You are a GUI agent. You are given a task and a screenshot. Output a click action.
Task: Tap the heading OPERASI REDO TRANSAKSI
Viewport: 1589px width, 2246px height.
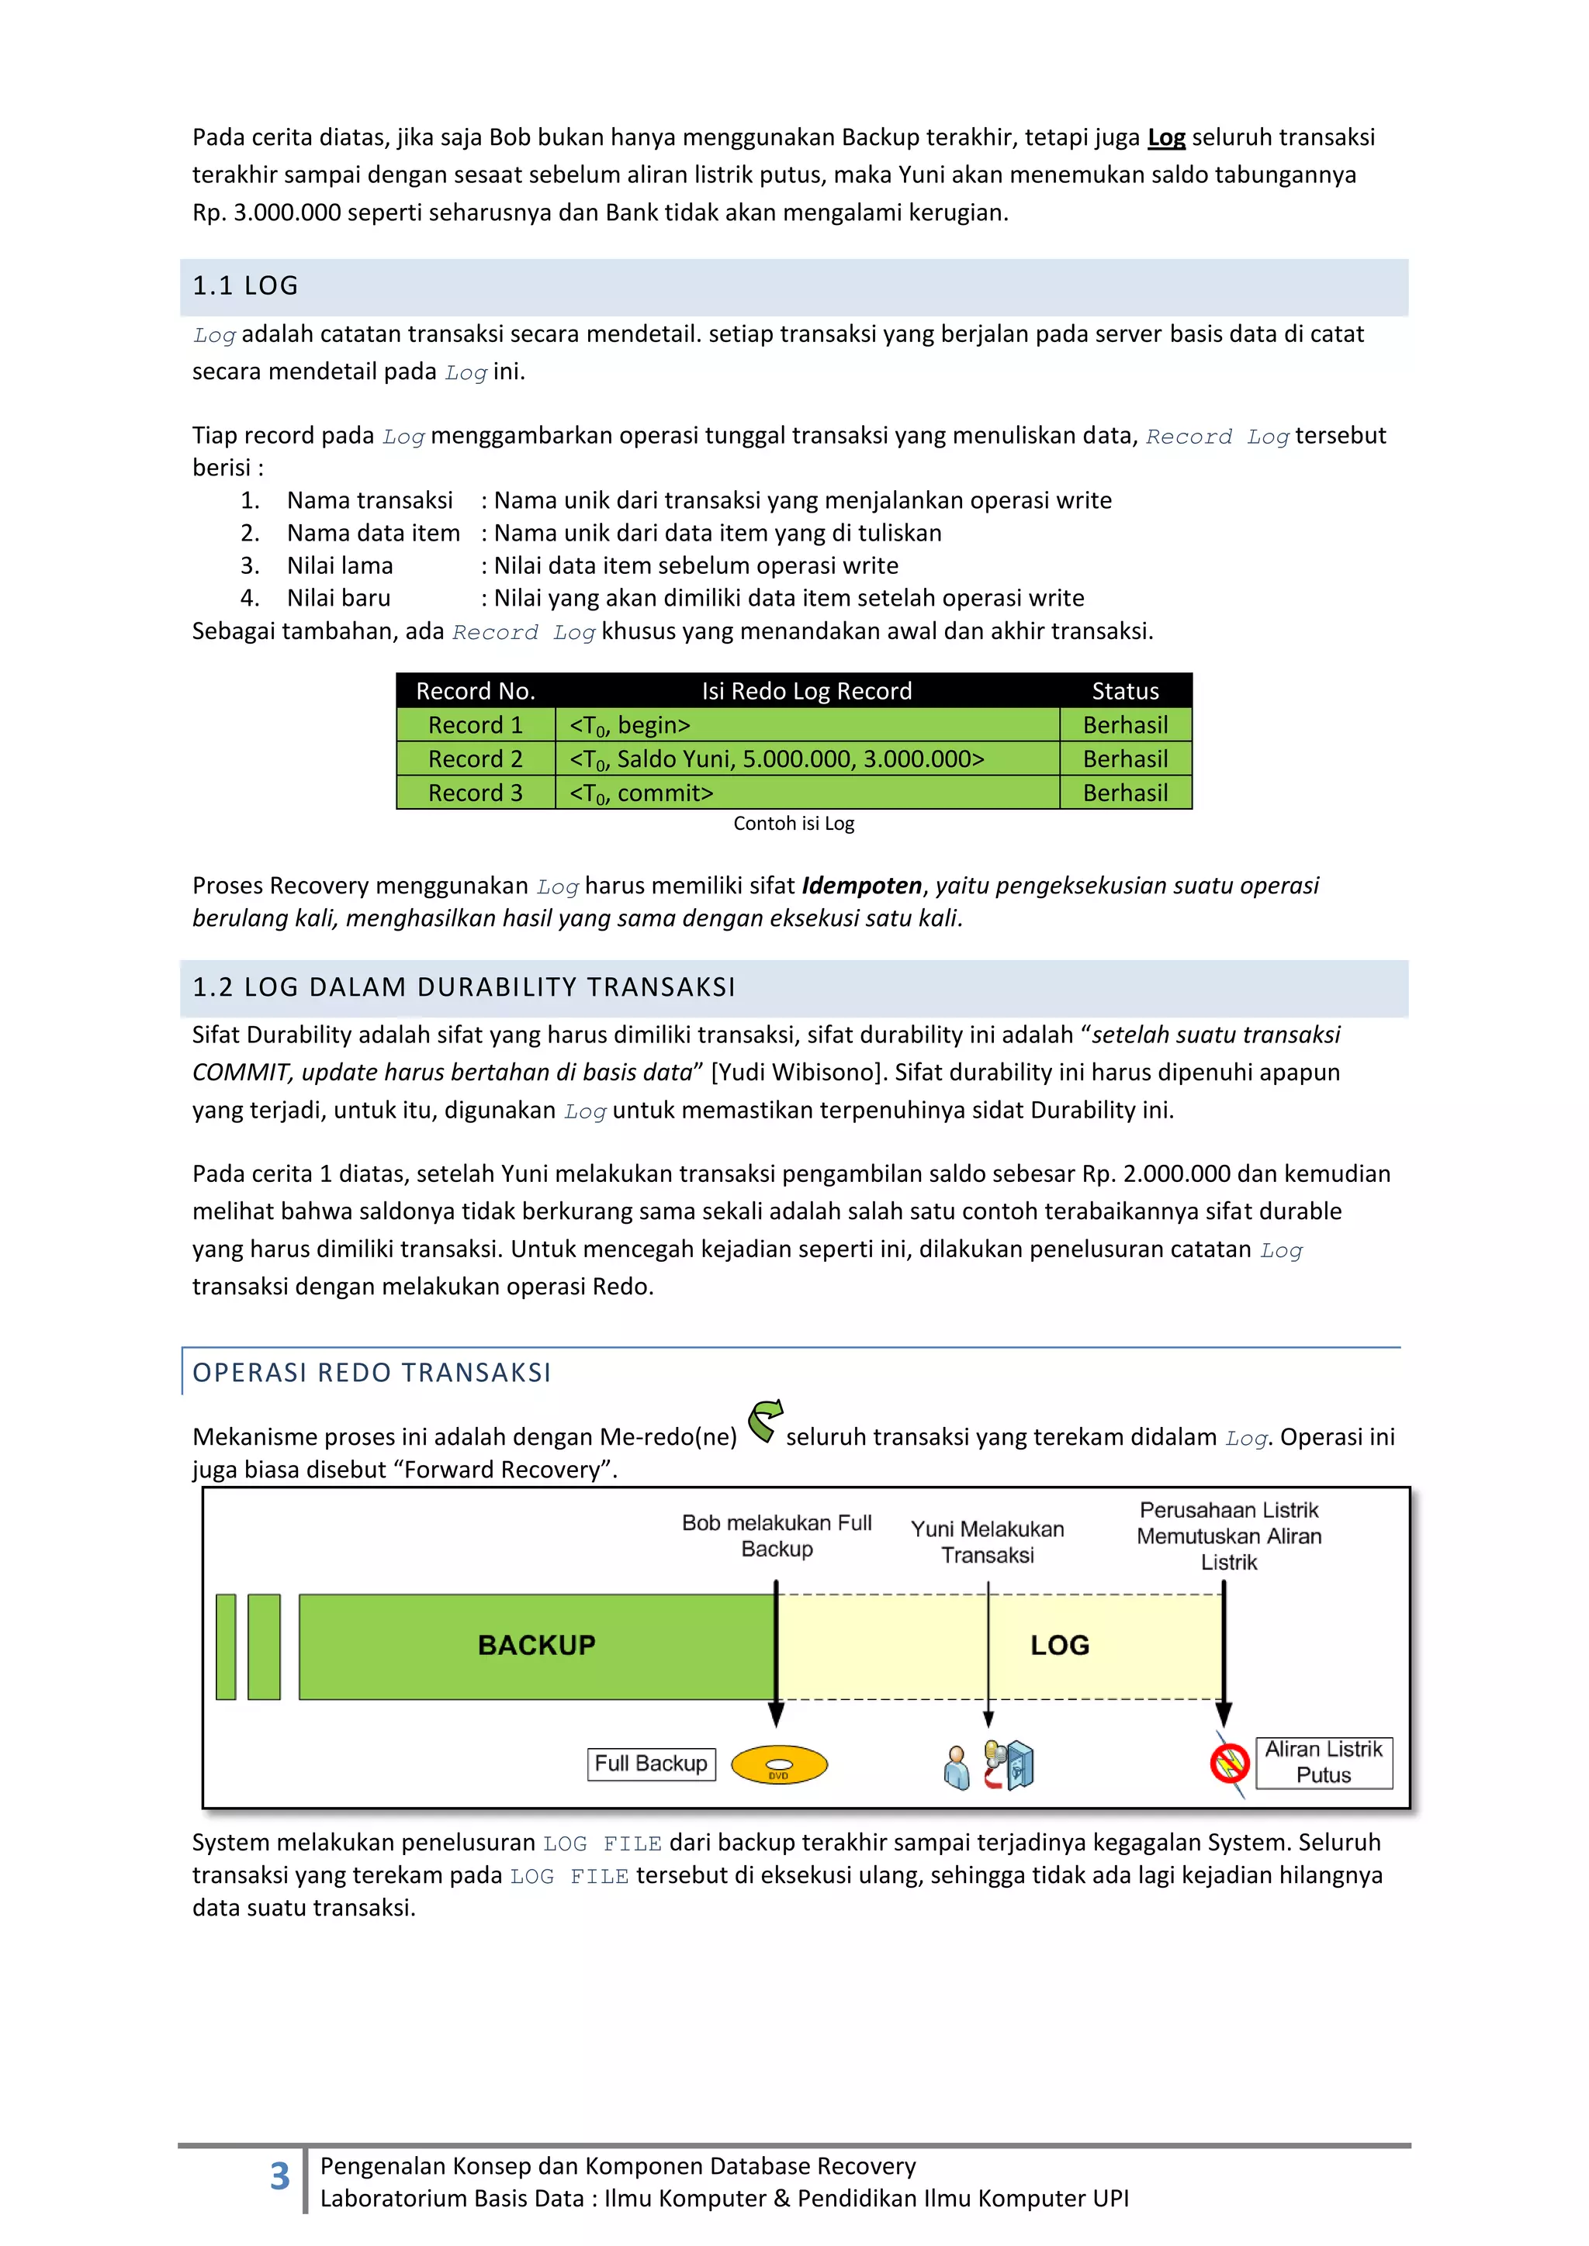click(372, 1373)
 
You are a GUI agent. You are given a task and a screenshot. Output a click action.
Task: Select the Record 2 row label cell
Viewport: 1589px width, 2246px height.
click(476, 759)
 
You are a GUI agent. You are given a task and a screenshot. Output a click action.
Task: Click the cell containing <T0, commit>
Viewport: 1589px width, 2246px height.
click(641, 793)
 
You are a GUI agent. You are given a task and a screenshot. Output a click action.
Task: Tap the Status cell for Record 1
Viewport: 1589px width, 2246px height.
click(1125, 725)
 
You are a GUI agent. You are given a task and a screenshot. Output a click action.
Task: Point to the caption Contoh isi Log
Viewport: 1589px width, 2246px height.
click(794, 824)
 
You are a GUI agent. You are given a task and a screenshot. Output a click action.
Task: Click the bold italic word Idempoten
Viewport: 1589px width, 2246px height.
click(861, 885)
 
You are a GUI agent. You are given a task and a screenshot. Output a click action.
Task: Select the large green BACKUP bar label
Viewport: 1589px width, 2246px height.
click(536, 1646)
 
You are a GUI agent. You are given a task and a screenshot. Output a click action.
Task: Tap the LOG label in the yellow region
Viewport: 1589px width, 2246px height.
click(1060, 1646)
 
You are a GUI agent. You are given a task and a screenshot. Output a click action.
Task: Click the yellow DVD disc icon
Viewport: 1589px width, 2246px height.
click(779, 1764)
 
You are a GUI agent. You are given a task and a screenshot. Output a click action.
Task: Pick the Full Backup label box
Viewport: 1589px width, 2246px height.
click(651, 1764)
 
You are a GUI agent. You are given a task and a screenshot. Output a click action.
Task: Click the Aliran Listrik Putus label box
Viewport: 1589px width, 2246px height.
click(1323, 1762)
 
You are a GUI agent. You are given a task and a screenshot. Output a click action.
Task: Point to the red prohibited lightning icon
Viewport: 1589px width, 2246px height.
click(1229, 1764)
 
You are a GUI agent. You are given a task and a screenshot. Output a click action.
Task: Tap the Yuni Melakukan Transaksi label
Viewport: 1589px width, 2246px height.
click(987, 1542)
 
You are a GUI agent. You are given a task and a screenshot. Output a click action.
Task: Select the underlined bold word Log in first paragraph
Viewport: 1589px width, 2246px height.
click(1166, 138)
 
